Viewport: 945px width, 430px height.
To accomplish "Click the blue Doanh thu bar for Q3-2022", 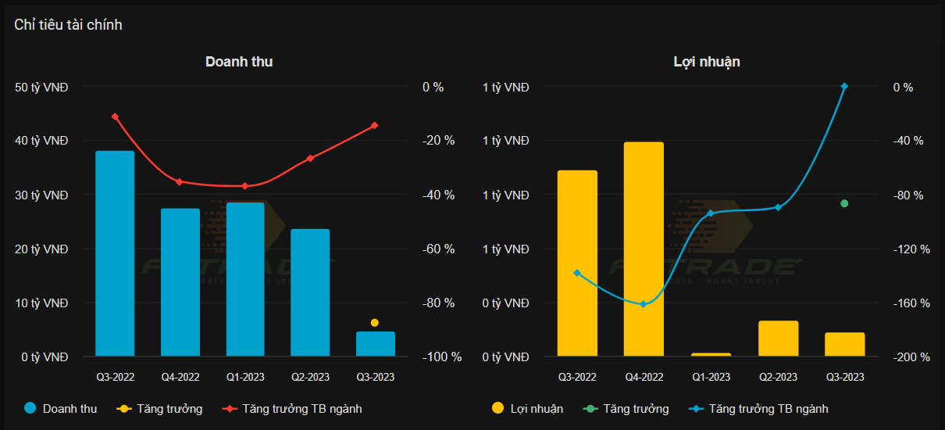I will [115, 253].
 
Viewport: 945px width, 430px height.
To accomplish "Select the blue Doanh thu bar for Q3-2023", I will [376, 344].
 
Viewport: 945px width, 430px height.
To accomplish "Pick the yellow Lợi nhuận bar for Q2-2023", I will [778, 339].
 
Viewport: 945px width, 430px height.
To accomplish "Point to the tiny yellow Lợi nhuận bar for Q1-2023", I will [711, 355].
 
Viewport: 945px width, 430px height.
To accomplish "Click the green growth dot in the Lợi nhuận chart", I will [844, 203].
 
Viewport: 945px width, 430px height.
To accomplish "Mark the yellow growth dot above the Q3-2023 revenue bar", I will [375, 323].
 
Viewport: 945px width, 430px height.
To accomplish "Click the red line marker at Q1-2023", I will [244, 186].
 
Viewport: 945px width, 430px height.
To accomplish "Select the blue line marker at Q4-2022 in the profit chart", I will [644, 304].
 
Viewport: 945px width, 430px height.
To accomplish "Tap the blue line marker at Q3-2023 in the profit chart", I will [844, 86].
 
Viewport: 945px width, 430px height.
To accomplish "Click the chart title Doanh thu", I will [239, 62].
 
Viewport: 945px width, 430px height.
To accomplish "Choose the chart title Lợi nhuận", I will [707, 62].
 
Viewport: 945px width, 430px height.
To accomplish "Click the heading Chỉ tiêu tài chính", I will [68, 25].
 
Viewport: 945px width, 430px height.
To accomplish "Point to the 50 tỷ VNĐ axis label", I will [41, 87].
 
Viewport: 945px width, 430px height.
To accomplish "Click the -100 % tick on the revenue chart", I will [442, 357].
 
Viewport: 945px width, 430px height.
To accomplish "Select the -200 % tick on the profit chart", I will [911, 357].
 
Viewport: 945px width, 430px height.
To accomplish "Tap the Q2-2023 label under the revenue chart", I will [310, 377].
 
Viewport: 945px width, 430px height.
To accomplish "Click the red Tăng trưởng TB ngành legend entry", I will [293, 408].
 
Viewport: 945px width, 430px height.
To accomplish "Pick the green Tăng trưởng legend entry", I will [626, 408].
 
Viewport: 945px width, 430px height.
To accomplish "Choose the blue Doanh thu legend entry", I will [61, 408].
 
